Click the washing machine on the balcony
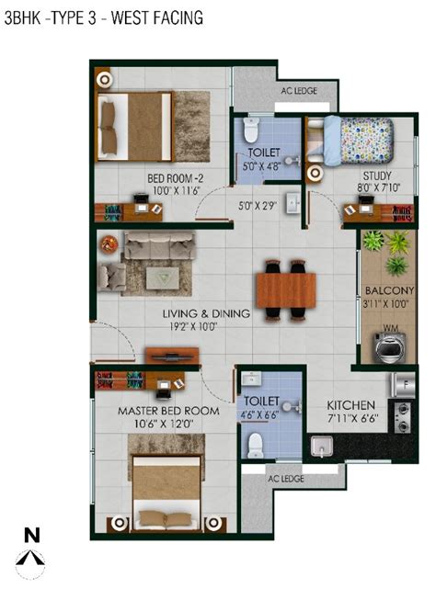pos(389,347)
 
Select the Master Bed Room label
pos(168,411)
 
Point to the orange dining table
pos(285,290)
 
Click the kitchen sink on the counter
pos(322,446)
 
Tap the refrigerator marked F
pos(403,385)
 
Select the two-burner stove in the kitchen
pos(403,417)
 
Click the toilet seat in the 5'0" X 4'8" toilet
pos(251,130)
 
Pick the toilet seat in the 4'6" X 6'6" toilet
pos(256,446)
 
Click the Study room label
pos(377,176)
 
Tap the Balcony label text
pos(390,290)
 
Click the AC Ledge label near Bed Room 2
pos(299,91)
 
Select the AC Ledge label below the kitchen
pos(286,479)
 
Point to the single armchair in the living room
pos(111,277)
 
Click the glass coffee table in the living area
pos(163,278)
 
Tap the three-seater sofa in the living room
pos(159,245)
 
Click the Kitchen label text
pos(350,405)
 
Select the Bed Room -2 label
pos(176,178)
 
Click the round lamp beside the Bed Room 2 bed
pos(104,79)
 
